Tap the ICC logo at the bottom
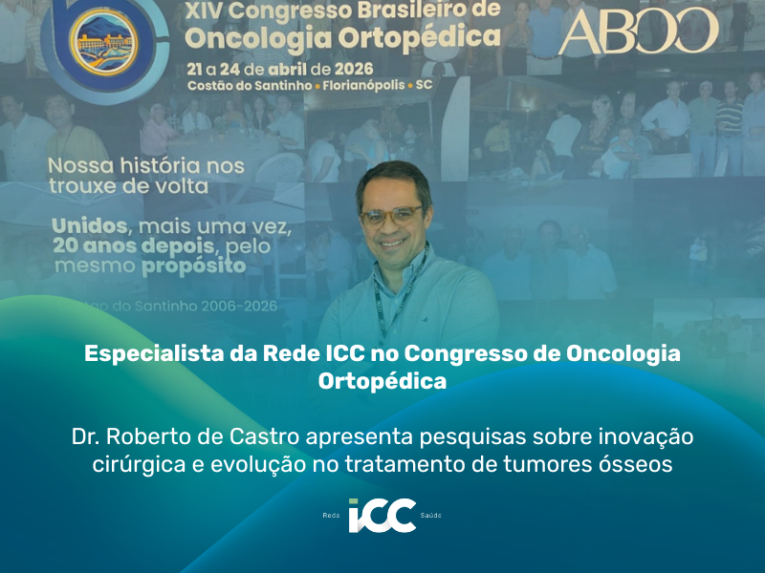click(382, 515)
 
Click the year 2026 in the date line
click(350, 69)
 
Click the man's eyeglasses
click(391, 215)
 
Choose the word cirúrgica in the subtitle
click(132, 465)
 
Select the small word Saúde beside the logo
click(430, 516)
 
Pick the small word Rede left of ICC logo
click(332, 516)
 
